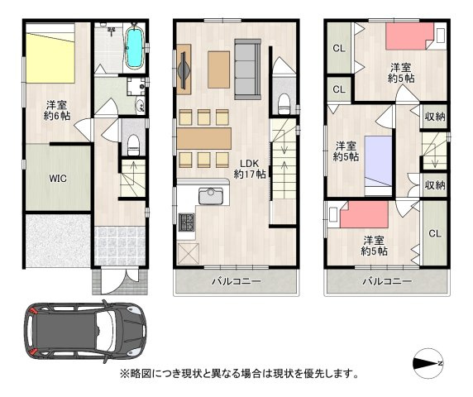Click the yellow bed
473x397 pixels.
point(51,55)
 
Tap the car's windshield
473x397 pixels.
point(105,332)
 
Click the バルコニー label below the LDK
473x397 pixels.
point(236,282)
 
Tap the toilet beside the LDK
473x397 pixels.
point(283,103)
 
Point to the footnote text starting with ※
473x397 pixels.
point(240,374)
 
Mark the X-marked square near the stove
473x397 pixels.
point(187,252)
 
